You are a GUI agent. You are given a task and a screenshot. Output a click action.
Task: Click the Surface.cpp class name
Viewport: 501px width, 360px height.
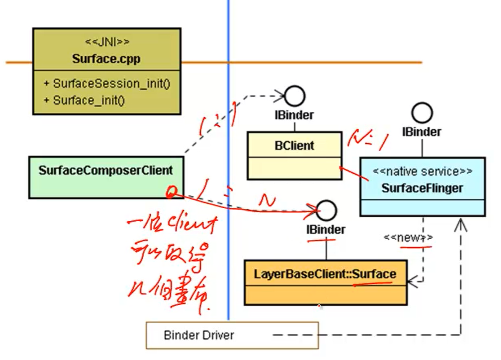[x=107, y=59]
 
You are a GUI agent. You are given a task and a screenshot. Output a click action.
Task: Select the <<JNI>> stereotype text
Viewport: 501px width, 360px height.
[x=107, y=42]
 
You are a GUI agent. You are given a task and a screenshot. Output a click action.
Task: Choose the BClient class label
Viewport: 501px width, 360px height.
[x=294, y=145]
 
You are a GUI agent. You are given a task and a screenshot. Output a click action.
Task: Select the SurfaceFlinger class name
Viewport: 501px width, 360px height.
[x=422, y=188]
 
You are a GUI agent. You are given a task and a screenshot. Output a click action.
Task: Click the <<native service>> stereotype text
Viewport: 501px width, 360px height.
[x=422, y=171]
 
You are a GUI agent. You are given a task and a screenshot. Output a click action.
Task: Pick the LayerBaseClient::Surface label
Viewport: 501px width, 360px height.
[x=325, y=274]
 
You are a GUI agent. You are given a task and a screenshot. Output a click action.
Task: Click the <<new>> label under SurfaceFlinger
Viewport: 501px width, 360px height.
[x=408, y=237]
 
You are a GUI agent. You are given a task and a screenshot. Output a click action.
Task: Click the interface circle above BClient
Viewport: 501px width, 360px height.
[x=295, y=96]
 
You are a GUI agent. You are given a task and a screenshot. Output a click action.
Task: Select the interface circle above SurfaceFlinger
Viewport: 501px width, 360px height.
[x=422, y=113]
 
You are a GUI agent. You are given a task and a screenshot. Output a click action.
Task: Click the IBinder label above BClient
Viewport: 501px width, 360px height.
[x=294, y=115]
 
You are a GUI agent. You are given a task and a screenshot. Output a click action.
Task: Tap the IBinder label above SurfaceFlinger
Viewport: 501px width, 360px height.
[x=422, y=132]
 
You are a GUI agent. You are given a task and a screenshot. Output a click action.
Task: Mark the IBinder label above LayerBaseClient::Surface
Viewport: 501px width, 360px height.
[x=326, y=229]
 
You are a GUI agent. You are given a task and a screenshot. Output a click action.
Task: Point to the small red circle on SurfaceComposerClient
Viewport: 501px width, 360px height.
[x=171, y=193]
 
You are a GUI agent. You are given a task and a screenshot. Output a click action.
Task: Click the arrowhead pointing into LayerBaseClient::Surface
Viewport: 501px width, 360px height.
[x=411, y=281]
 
